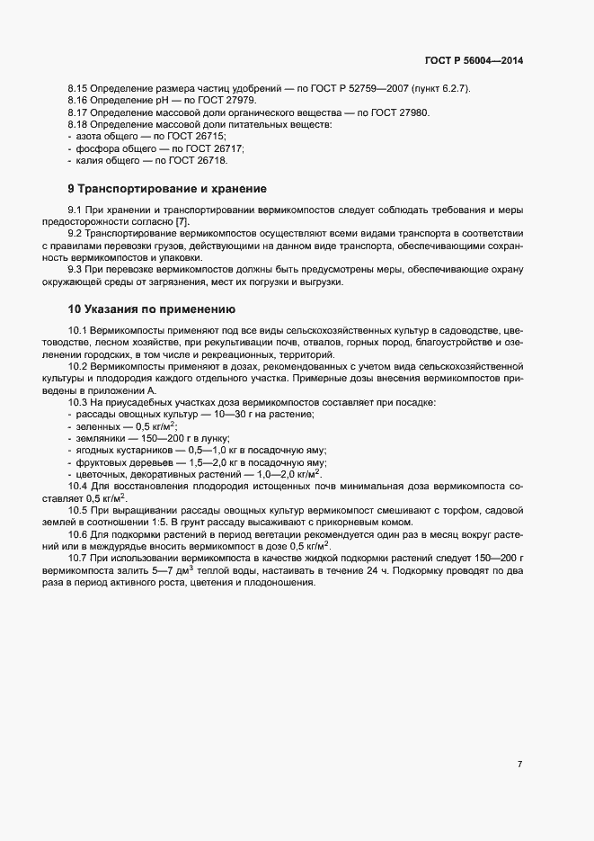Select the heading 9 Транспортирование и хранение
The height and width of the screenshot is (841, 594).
pos(167,189)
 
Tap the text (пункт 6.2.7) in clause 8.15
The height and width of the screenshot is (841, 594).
pos(447,87)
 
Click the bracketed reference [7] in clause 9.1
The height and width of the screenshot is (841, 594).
pos(182,221)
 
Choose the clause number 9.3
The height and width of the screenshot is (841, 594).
pos(77,270)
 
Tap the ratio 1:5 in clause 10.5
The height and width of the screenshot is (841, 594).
pos(182,523)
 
